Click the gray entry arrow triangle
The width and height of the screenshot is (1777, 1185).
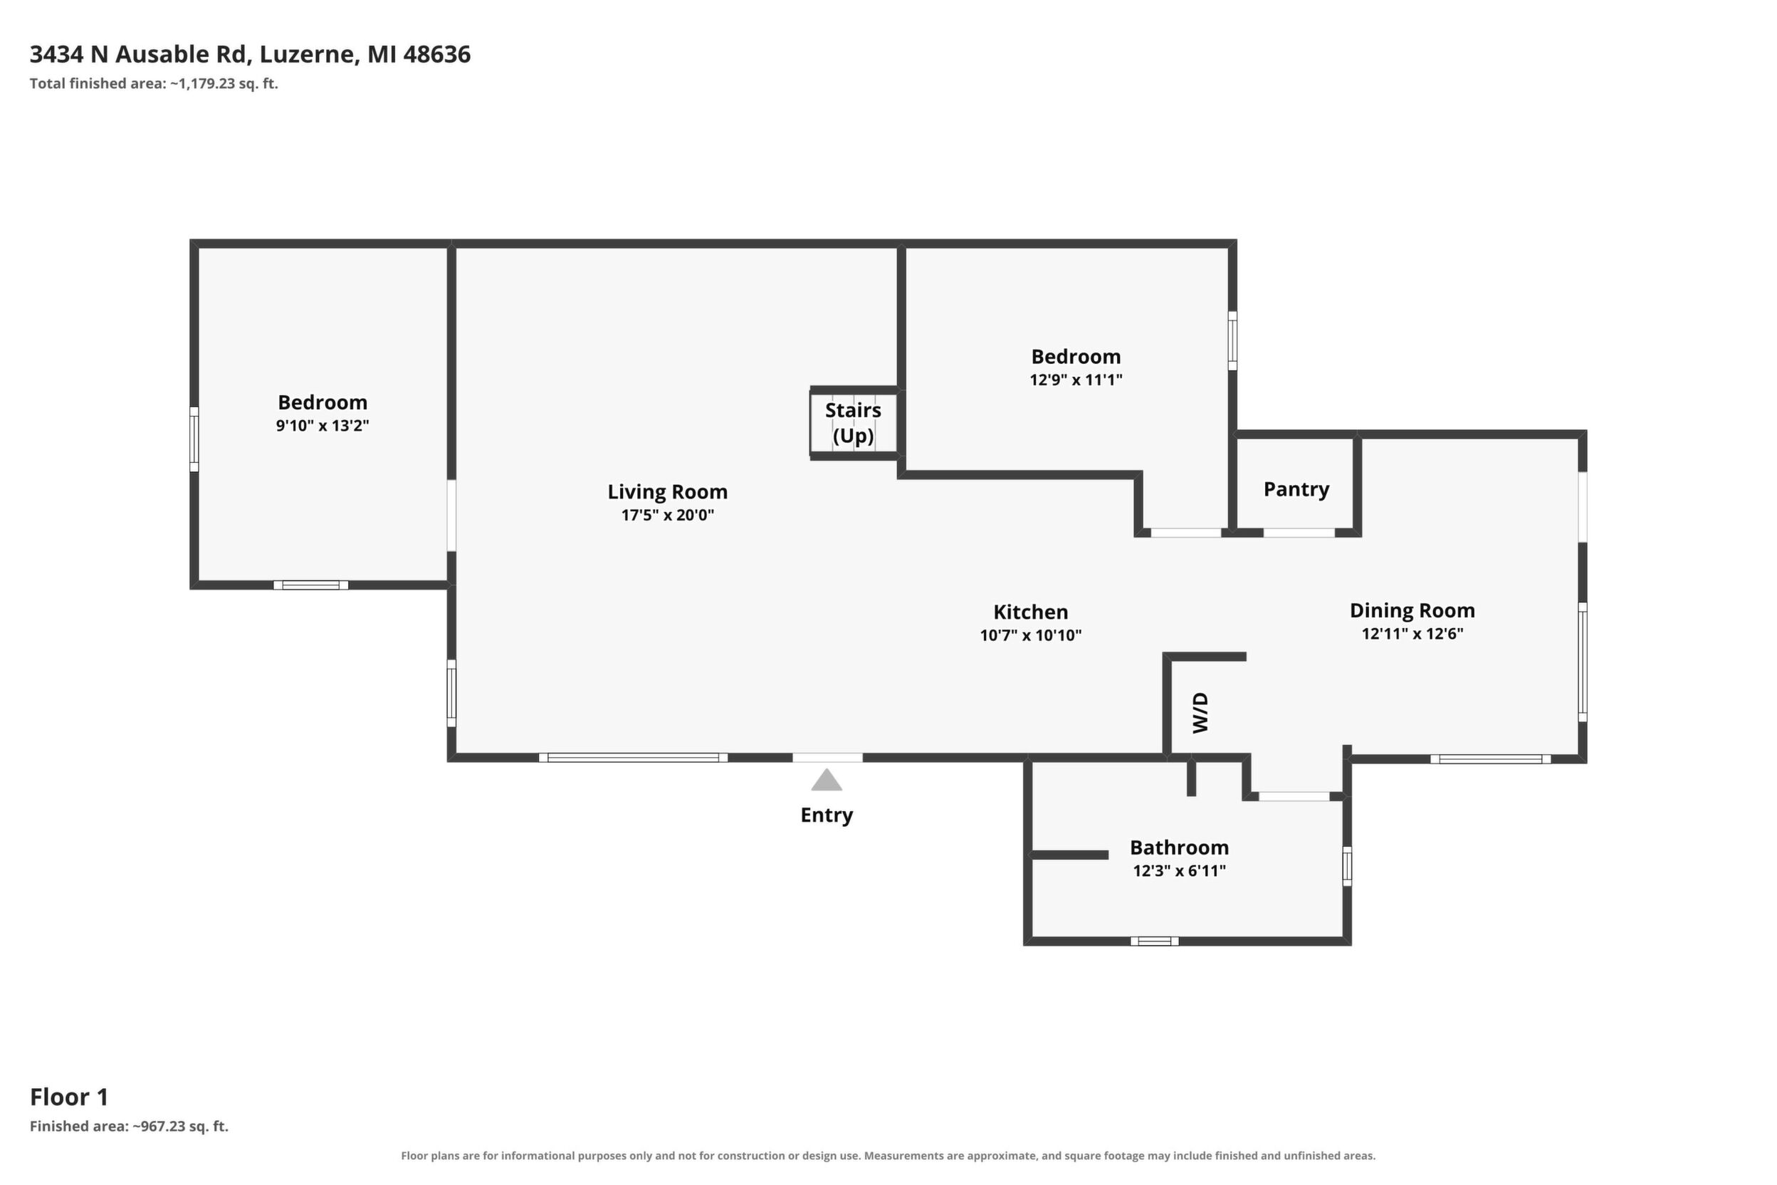point(827,781)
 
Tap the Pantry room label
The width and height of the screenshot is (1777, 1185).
point(1296,489)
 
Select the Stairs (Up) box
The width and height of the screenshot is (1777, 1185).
point(854,422)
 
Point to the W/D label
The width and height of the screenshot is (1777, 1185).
point(1200,713)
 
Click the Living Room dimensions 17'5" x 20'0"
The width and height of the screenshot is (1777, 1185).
point(668,516)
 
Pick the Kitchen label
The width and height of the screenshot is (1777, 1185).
point(1031,612)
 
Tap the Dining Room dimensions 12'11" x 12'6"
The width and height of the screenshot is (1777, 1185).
point(1412,633)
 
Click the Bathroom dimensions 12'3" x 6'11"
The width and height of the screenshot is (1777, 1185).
point(1180,871)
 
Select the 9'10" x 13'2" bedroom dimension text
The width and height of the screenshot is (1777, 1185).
point(323,425)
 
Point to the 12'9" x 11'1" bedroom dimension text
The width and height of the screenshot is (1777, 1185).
point(1076,380)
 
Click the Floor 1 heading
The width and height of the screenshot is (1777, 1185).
point(70,1097)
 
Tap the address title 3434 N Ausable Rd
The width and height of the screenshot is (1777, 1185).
point(141,54)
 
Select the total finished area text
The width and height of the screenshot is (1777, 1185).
point(154,83)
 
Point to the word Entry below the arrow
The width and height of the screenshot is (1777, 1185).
point(827,815)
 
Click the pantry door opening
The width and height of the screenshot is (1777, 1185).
point(1299,533)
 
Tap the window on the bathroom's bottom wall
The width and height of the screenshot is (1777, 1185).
point(1155,941)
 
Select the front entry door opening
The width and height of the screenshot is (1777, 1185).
point(827,757)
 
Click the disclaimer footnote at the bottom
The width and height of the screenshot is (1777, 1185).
point(888,1156)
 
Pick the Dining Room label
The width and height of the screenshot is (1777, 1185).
point(1412,610)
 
